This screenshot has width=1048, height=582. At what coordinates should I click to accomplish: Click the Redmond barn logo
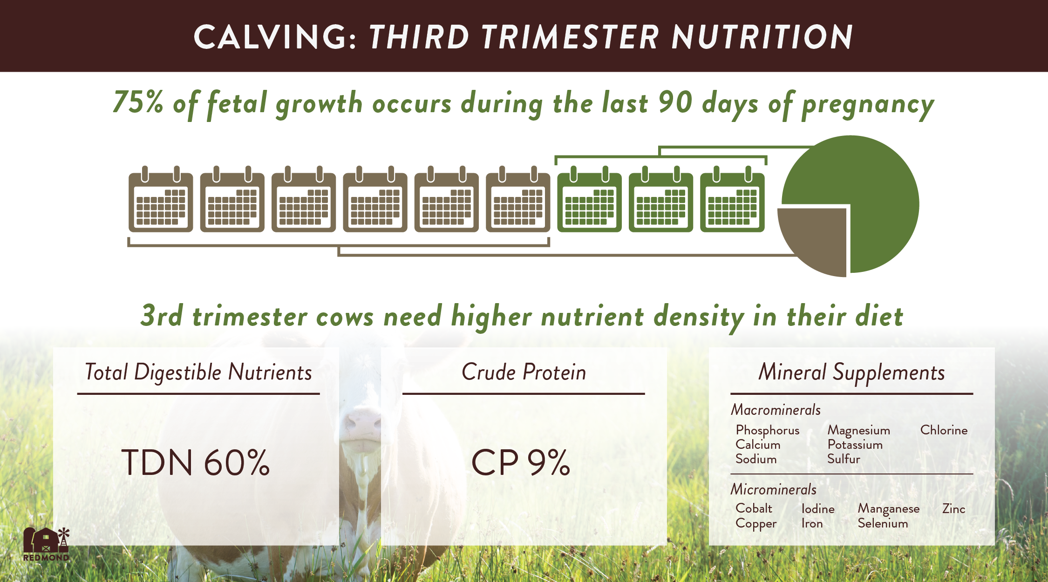coord(47,544)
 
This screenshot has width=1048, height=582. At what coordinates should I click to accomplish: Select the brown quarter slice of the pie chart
coord(813,242)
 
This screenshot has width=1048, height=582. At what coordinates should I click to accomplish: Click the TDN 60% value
coord(196,463)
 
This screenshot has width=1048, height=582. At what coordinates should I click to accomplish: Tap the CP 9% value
coord(521,463)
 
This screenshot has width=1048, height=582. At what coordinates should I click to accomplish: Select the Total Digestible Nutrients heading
coord(198,372)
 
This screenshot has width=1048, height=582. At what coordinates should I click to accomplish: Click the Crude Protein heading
coord(524,372)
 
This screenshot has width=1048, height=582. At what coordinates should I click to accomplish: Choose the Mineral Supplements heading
coord(851,372)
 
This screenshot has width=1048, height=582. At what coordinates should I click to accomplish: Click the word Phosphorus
coord(768,431)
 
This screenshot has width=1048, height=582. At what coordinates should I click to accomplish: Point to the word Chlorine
coord(944,430)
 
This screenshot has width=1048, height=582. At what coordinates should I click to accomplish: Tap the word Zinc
coord(953,508)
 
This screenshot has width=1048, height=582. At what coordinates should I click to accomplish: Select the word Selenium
coord(883,523)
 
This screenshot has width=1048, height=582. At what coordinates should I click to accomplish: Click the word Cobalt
coord(754,508)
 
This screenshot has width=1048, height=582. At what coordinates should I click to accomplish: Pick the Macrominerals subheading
coord(776,410)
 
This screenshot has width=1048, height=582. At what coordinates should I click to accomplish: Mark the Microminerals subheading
coord(774,489)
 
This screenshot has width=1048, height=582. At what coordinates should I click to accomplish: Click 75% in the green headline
coord(138,102)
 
